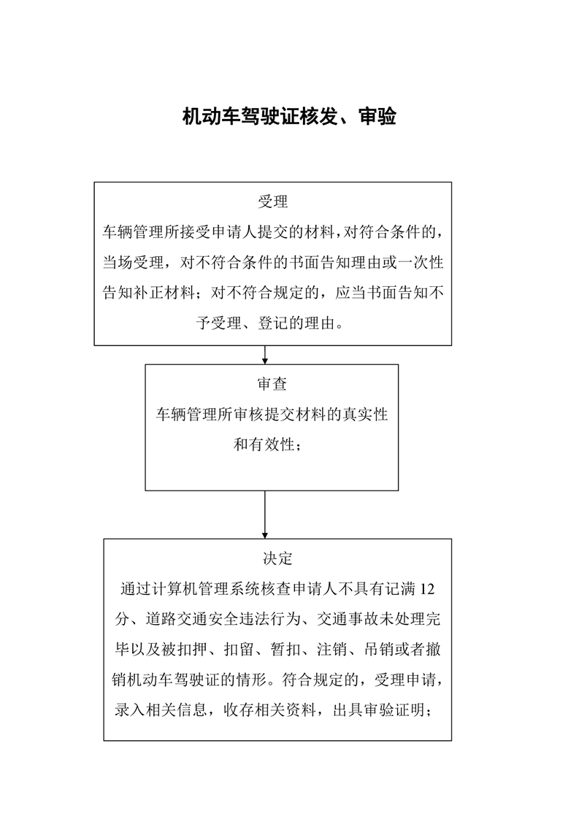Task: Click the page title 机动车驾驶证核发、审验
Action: (x=289, y=117)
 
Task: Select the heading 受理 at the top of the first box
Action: (x=272, y=202)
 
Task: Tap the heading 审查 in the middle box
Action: (x=272, y=384)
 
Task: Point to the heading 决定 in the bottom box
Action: (x=277, y=559)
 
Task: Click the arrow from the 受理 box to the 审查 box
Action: (x=265, y=354)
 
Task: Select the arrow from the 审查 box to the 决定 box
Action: (x=265, y=515)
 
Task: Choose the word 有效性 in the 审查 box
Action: (x=272, y=445)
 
